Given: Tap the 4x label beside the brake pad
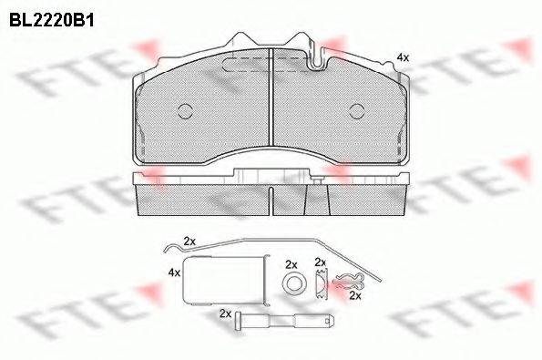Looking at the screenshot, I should (x=402, y=57).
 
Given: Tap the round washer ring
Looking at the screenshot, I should (x=292, y=286).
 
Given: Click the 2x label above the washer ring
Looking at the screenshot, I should (x=291, y=264).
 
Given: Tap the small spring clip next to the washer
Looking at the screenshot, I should (x=320, y=285).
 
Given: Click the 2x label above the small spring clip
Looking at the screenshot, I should (x=320, y=262).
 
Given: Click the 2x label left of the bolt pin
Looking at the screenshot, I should (x=225, y=313).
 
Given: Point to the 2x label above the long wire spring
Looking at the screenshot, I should (x=189, y=241).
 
